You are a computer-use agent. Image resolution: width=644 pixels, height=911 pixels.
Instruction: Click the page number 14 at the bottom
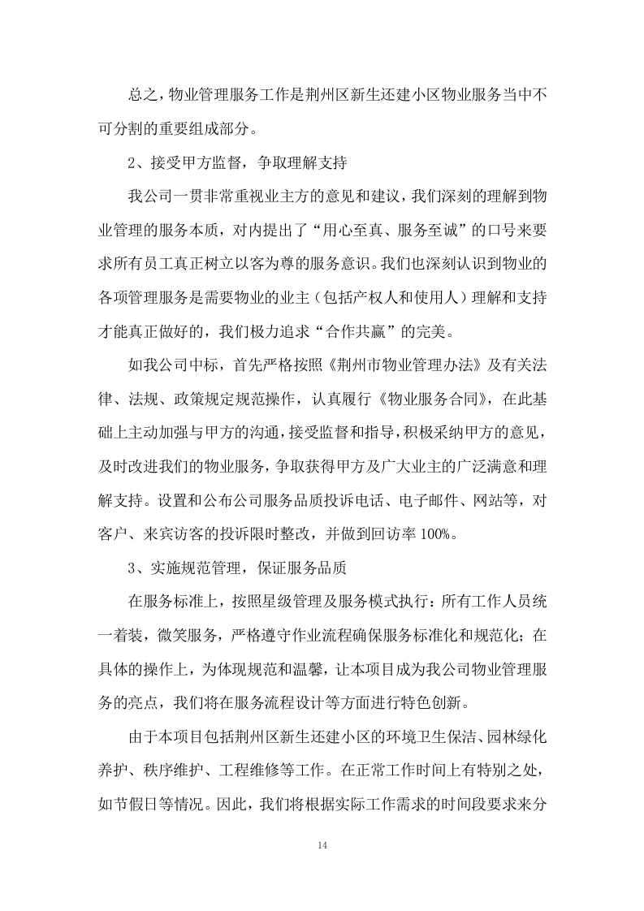[x=322, y=845]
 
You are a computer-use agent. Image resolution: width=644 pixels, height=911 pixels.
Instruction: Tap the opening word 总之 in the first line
[x=140, y=97]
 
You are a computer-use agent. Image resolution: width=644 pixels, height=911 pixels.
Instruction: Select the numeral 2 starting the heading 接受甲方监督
[x=132, y=163]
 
